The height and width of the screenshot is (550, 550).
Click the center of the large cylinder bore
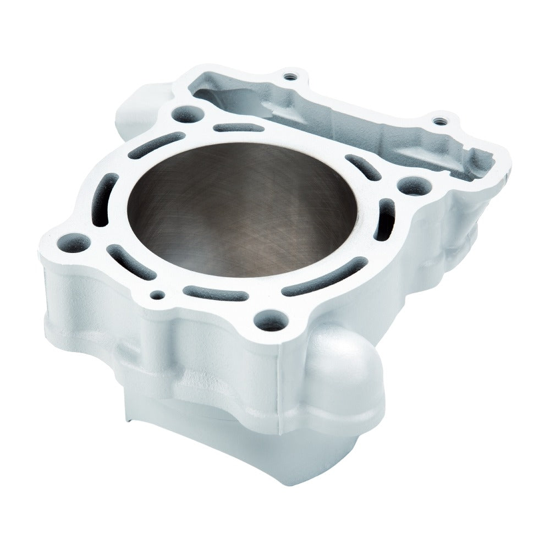click(x=242, y=209)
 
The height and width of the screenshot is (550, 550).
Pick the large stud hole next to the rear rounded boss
click(x=186, y=114)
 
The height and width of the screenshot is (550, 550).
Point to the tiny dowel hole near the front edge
click(x=157, y=295)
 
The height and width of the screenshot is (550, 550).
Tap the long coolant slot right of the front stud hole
click(x=324, y=278)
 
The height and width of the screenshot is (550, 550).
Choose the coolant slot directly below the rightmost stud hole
click(x=385, y=220)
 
